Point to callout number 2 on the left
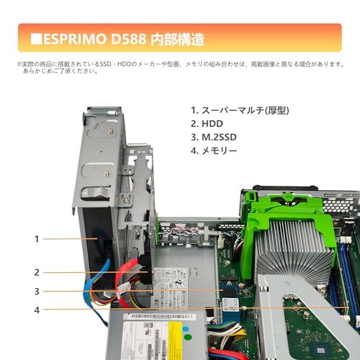pos(36,272)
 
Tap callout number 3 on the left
pos(36,291)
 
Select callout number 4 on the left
pos(36,310)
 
